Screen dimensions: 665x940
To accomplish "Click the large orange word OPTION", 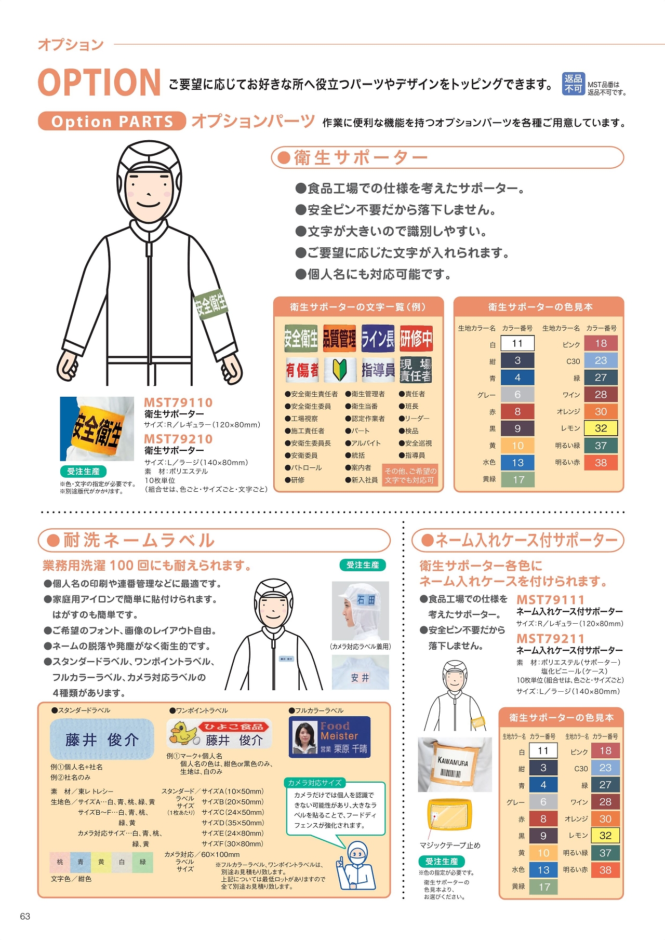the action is pyautogui.click(x=99, y=82).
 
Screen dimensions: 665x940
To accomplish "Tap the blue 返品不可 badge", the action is pyautogui.click(x=573, y=84).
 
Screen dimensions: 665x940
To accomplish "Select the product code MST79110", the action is pyautogui.click(x=178, y=402).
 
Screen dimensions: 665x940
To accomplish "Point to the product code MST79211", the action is pyautogui.click(x=550, y=638).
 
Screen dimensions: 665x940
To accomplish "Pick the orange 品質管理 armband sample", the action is pyautogui.click(x=339, y=339).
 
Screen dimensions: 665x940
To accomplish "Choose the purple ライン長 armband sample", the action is pyautogui.click(x=378, y=339).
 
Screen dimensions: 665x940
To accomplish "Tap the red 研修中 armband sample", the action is pyautogui.click(x=416, y=339).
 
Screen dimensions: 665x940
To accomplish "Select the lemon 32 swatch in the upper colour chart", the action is pyautogui.click(x=601, y=428).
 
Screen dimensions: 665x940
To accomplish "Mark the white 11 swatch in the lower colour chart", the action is pyautogui.click(x=543, y=750).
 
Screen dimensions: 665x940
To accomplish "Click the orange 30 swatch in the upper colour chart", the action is pyautogui.click(x=601, y=411).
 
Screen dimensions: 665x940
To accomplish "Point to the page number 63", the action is pyautogui.click(x=25, y=916).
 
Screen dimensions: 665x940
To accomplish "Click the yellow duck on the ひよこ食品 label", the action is pyautogui.click(x=183, y=732).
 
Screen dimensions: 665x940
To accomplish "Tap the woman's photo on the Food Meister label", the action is pyautogui.click(x=305, y=737).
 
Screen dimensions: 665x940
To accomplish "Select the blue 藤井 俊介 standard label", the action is pyautogui.click(x=102, y=739).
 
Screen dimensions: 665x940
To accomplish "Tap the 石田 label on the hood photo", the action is pyautogui.click(x=366, y=600).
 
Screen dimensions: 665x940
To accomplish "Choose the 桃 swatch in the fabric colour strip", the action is pyautogui.click(x=60, y=862).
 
